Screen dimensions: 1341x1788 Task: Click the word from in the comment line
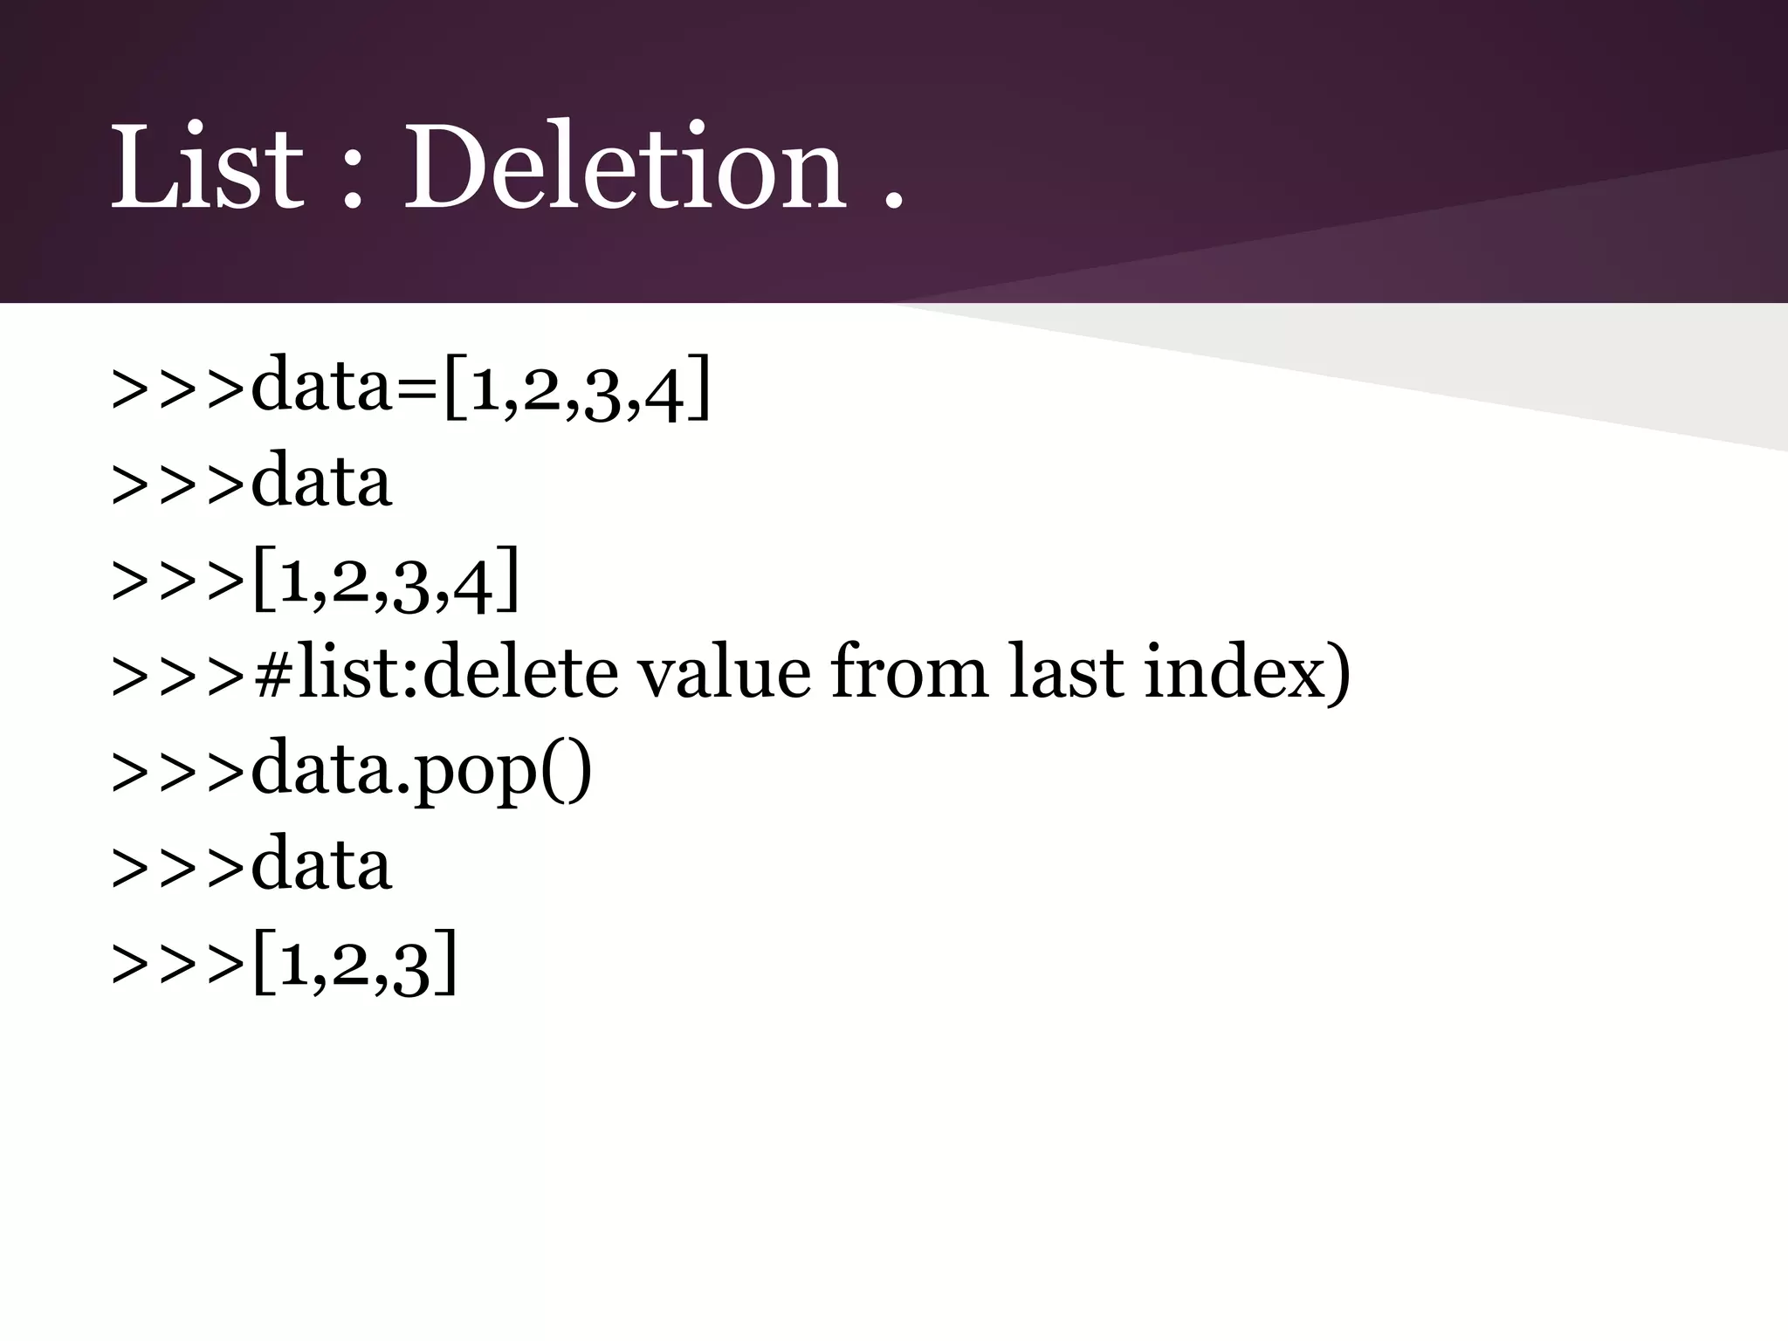[x=909, y=673]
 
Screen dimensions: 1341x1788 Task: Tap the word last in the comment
[x=1065, y=673]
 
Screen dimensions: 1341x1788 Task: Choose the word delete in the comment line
[x=520, y=673]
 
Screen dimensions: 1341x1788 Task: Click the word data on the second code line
[x=321, y=481]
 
